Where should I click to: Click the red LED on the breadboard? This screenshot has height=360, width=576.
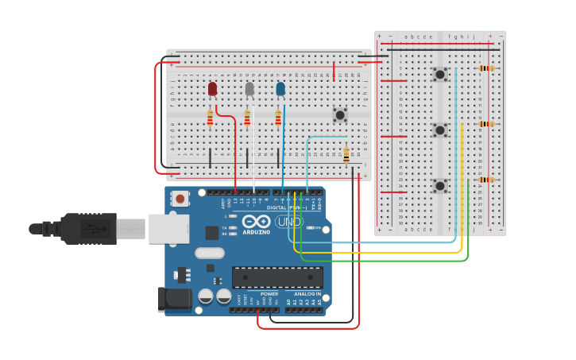[x=212, y=89]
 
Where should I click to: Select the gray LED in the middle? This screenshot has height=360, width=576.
[x=249, y=89]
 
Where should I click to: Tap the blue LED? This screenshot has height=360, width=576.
[x=280, y=89]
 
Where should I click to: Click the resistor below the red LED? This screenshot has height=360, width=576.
[x=210, y=118]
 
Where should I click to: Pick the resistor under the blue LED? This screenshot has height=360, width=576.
[x=278, y=118]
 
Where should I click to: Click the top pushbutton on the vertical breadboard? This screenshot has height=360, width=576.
[x=439, y=75]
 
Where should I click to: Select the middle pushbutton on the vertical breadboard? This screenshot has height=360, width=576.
[x=439, y=130]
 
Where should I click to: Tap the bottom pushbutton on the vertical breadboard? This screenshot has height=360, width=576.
[x=439, y=185]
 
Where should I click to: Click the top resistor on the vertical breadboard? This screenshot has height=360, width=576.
[x=486, y=68]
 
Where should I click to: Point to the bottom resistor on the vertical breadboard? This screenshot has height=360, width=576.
[x=486, y=180]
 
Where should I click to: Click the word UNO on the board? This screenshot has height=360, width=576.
[x=289, y=222]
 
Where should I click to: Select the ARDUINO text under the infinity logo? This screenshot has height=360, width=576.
[x=256, y=232]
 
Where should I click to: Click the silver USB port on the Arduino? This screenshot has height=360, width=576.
[x=168, y=229]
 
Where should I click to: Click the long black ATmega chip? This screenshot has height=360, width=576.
[x=277, y=277]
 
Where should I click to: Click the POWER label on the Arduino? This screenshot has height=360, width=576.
[x=269, y=294]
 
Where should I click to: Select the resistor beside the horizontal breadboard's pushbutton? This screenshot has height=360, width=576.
[x=346, y=154]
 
